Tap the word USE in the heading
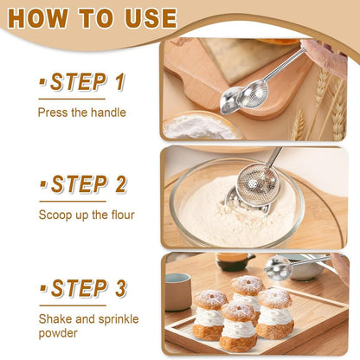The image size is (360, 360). [x=145, y=18]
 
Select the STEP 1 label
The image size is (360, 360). [x=82, y=82]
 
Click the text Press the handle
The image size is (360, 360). [x=81, y=112]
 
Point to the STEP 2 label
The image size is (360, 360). [x=84, y=184]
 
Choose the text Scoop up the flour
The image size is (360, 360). [x=86, y=215]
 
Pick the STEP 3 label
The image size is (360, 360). [x=83, y=287]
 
